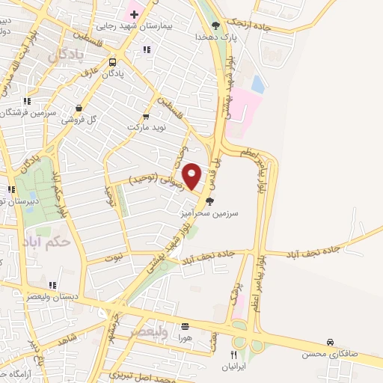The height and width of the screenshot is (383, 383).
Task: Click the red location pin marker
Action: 192,176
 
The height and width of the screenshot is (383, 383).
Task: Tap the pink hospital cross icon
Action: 133,13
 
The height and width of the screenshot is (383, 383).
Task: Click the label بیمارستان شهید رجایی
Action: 179,25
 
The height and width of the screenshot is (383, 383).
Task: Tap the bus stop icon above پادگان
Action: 111,62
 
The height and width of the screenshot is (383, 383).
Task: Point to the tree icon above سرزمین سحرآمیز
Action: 209,200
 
